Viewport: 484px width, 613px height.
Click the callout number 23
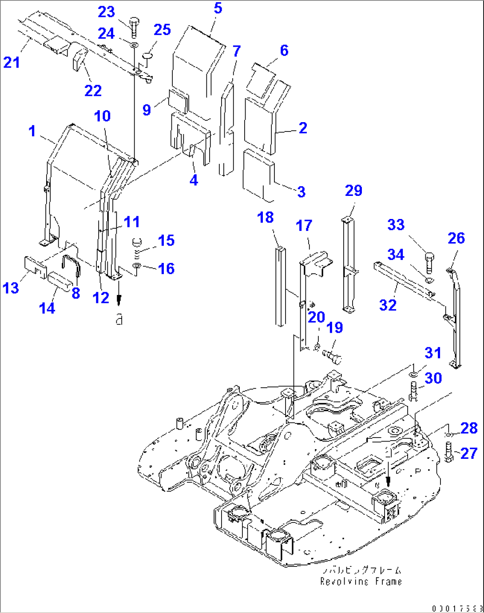coord(107,12)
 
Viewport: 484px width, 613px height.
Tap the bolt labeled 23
coord(134,26)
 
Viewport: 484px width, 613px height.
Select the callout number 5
coord(218,8)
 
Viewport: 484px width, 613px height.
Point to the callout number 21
coord(12,62)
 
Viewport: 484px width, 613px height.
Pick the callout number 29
coord(353,191)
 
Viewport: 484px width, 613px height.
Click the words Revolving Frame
coord(361,581)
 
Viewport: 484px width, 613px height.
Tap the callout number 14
coord(47,308)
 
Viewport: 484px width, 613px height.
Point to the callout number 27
coord(468,454)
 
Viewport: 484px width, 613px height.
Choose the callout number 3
coord(301,192)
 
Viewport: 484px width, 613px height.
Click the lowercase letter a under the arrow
coord(119,318)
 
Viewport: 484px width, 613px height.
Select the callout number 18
coord(266,217)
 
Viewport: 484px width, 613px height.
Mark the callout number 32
coord(388,305)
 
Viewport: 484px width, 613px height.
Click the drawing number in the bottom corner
coord(456,608)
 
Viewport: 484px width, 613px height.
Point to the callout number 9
coord(147,110)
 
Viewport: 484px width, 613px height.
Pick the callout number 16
coord(166,268)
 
